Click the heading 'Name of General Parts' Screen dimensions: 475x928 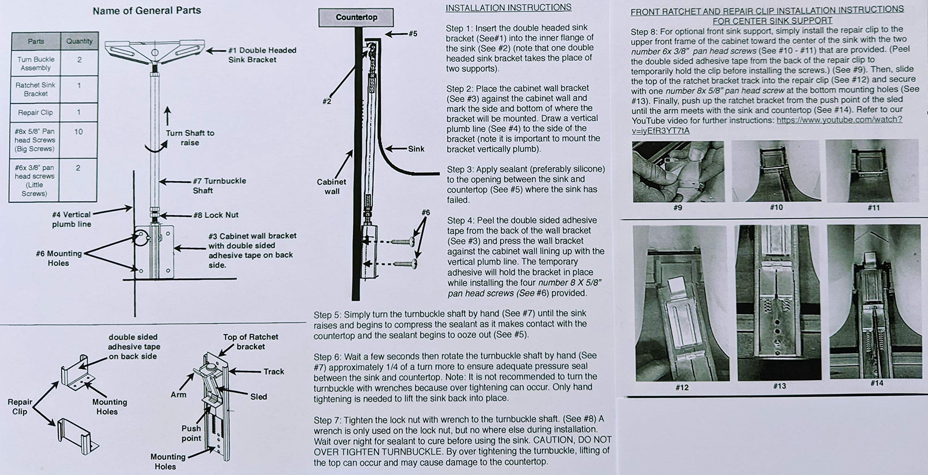pyautogui.click(x=147, y=11)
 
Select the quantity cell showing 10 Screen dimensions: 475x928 pyautogui.click(x=79, y=132)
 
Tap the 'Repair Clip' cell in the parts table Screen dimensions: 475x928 pyautogui.click(x=36, y=112)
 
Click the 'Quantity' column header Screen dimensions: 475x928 pyautogui.click(x=79, y=41)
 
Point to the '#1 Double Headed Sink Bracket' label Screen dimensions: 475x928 pyautogui.click(x=262, y=55)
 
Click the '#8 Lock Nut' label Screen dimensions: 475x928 pyautogui.click(x=216, y=215)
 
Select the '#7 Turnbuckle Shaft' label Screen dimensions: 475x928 pyautogui.click(x=219, y=185)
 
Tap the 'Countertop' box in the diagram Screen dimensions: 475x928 pyautogui.click(x=356, y=17)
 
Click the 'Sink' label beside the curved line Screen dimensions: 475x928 pyautogui.click(x=416, y=149)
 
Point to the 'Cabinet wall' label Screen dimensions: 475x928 pyautogui.click(x=331, y=186)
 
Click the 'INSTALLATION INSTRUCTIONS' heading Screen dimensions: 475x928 pyautogui.click(x=508, y=8)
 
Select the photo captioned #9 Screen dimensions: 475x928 pyautogui.click(x=678, y=172)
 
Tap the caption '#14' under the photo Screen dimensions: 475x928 pyautogui.click(x=877, y=383)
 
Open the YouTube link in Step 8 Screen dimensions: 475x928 pyautogui.click(x=839, y=120)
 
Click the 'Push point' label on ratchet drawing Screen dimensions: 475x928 pyautogui.click(x=191, y=433)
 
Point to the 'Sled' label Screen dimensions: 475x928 pyautogui.click(x=258, y=397)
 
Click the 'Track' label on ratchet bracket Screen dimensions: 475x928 pyautogui.click(x=274, y=371)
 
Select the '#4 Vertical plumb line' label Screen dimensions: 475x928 pyautogui.click(x=71, y=219)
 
